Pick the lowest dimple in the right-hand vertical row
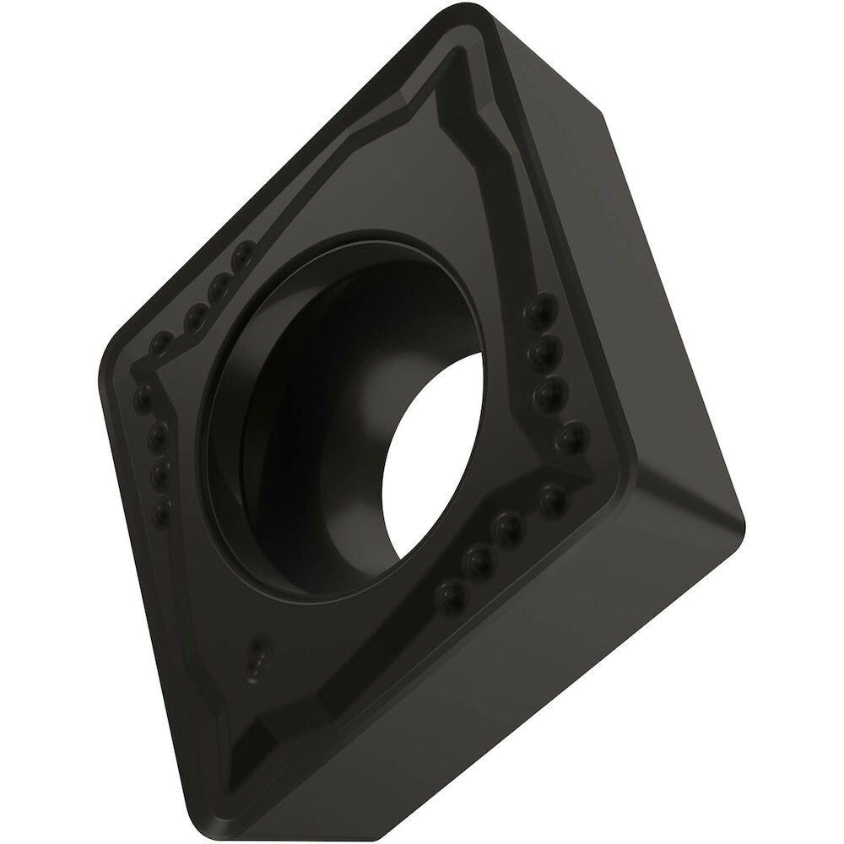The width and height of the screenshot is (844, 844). [571, 436]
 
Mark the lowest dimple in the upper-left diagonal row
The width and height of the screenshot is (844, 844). [160, 346]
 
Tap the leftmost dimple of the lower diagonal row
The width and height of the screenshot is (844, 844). [448, 597]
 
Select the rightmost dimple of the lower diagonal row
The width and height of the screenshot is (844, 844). [553, 500]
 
